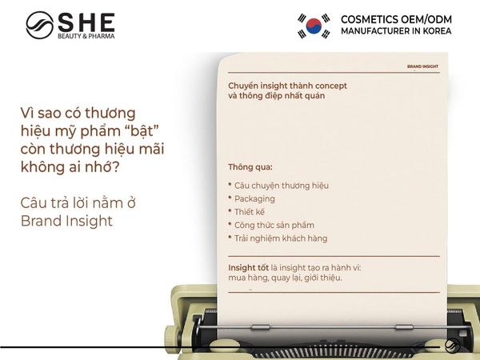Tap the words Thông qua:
[250, 167]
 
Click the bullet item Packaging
[254, 198]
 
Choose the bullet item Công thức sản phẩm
[274, 225]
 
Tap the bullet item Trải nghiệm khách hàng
[281, 238]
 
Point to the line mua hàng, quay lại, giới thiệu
[285, 278]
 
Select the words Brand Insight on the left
[67, 221]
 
